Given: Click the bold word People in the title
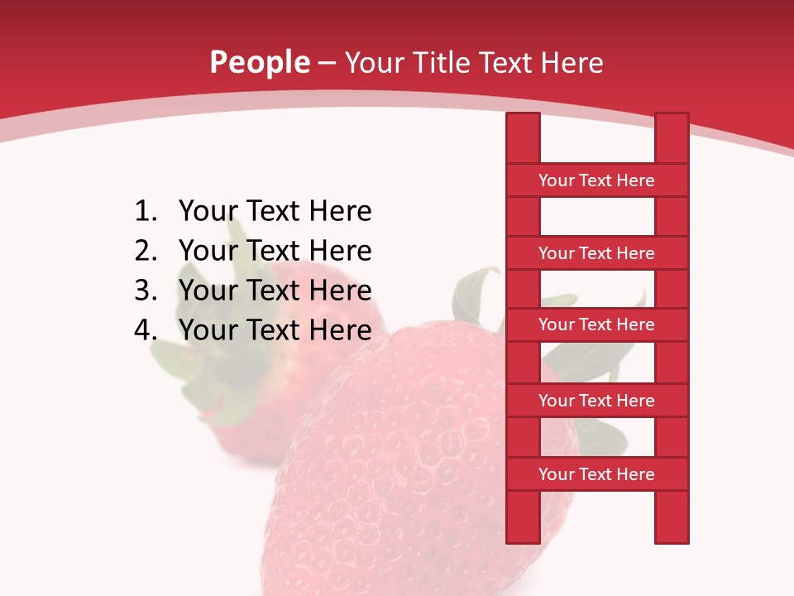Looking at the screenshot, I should pyautogui.click(x=260, y=62).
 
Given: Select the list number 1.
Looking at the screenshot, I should pyautogui.click(x=146, y=212).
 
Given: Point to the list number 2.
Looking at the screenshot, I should pyautogui.click(x=146, y=251).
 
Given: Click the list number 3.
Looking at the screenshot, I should pyautogui.click(x=146, y=291).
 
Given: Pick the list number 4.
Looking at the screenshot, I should pyautogui.click(x=146, y=330).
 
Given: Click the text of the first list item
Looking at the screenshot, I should pyautogui.click(x=275, y=212).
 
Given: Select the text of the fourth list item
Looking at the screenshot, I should pyautogui.click(x=275, y=330).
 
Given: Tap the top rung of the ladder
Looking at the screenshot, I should pyautogui.click(x=596, y=180).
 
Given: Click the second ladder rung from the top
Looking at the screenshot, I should pyautogui.click(x=596, y=253).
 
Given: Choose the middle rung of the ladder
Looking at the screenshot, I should pyautogui.click(x=596, y=324).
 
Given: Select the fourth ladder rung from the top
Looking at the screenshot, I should pyautogui.click(x=596, y=401).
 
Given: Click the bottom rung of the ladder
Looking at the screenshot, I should pyautogui.click(x=596, y=474).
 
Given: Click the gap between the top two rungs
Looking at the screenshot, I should pyautogui.click(x=597, y=217).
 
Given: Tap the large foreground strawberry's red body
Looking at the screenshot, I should pyautogui.click(x=397, y=464).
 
